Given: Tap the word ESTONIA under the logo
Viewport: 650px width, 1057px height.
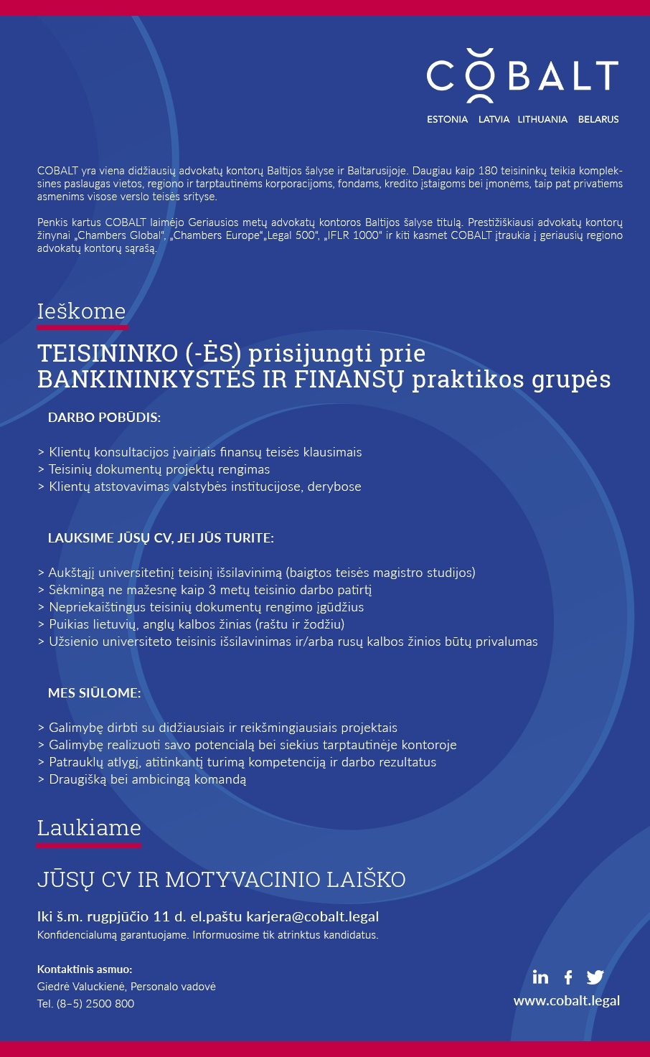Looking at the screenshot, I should coord(447,120).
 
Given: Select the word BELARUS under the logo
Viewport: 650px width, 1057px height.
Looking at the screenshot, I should coord(598,120).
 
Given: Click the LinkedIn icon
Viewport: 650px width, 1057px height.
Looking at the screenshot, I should coord(540,977).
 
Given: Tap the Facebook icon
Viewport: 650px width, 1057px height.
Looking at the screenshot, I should coord(568,977).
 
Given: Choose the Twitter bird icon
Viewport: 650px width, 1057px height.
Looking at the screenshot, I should coord(595,977).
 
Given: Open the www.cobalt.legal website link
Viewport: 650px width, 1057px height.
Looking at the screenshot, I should coord(567,1000).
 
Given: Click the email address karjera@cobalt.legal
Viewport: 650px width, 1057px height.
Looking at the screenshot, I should coord(313,916).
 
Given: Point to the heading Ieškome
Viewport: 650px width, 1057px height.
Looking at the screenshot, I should coord(82,311).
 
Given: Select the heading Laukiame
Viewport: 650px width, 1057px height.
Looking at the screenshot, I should coord(89,828).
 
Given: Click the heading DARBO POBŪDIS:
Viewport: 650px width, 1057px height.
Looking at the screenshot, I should coord(105,418).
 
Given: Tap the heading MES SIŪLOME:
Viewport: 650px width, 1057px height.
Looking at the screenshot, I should coord(95,693).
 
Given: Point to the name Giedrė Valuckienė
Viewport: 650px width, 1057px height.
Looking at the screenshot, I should coord(81,987).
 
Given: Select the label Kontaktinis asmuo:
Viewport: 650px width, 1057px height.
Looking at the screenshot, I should coord(85,969).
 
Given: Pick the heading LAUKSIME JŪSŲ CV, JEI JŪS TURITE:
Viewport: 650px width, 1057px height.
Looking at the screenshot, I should coord(161,538).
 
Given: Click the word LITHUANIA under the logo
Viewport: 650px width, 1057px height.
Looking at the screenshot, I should coord(542,120).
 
